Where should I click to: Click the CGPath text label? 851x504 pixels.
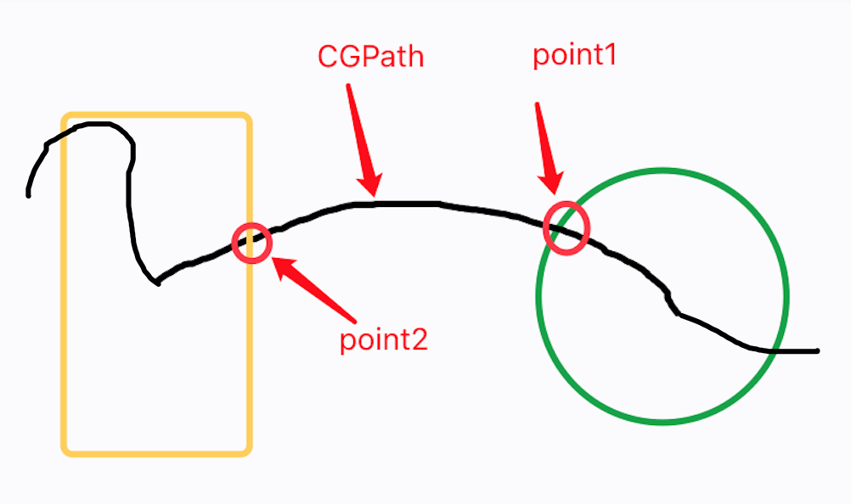370,59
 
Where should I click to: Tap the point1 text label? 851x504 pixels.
574,57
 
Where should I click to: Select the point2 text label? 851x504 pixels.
383,340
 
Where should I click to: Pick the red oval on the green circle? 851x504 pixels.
566,227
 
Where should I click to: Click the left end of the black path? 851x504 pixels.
29,195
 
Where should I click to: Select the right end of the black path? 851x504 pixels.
817,350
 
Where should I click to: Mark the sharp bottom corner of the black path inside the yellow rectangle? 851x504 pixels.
157,283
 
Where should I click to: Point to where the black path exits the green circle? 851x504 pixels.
774,350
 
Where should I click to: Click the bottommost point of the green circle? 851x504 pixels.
662,421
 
